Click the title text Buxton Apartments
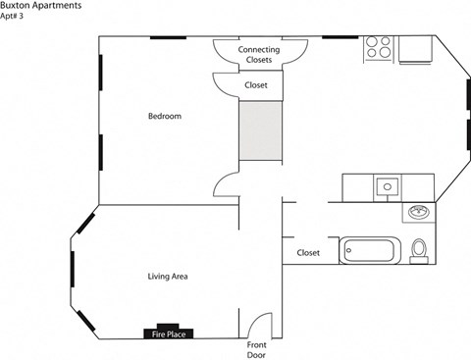[40, 6]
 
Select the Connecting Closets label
[259, 54]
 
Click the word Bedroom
[165, 117]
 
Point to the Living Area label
[168, 277]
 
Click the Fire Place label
[168, 334]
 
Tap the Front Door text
[256, 349]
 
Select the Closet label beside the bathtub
[308, 252]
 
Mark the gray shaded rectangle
[260, 131]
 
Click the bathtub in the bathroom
[370, 250]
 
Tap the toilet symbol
[419, 249]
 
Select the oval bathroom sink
[419, 213]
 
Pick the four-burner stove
[379, 48]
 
